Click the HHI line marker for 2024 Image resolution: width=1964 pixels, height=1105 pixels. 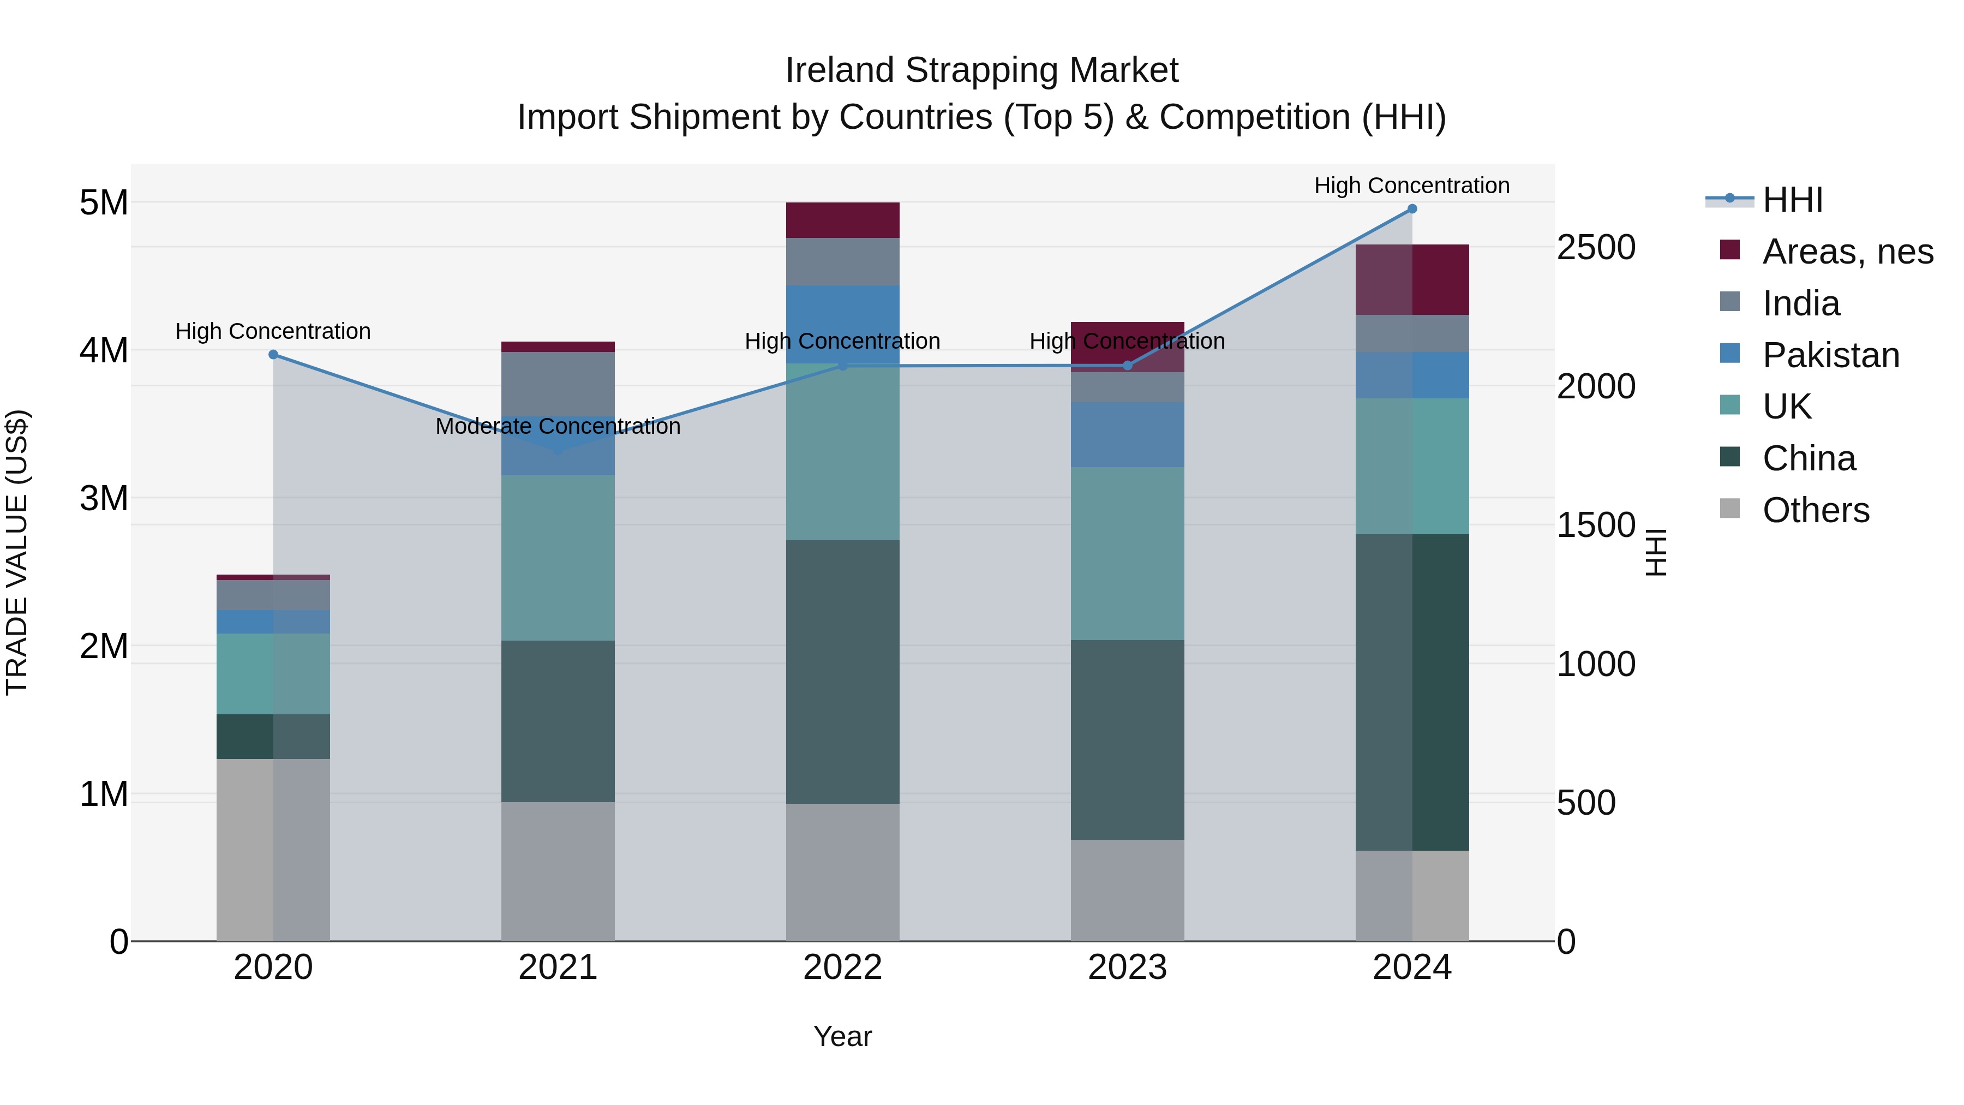coord(1412,209)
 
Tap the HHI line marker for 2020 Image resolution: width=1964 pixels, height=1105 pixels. coord(273,355)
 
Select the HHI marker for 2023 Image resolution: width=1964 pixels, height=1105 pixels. coord(1128,366)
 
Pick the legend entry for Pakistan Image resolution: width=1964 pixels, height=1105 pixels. coord(1830,355)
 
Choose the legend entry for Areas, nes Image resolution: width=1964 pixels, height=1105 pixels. coord(1847,252)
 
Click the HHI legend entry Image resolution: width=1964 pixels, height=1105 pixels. coord(1792,200)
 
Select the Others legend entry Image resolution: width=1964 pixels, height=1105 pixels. coord(1815,510)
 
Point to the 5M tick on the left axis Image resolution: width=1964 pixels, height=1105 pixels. coord(104,203)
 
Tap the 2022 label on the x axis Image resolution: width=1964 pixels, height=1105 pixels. coord(842,967)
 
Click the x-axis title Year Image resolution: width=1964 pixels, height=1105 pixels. coord(842,1036)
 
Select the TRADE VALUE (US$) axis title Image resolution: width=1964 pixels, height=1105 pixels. coord(17,552)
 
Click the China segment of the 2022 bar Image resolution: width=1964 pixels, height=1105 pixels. coord(842,671)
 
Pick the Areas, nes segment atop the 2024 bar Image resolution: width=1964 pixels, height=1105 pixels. coord(1412,280)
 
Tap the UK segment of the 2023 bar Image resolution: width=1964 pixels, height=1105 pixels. coord(1128,554)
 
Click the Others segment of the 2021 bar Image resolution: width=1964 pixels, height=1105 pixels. coord(558,871)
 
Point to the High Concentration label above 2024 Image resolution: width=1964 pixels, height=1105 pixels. coord(1412,186)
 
